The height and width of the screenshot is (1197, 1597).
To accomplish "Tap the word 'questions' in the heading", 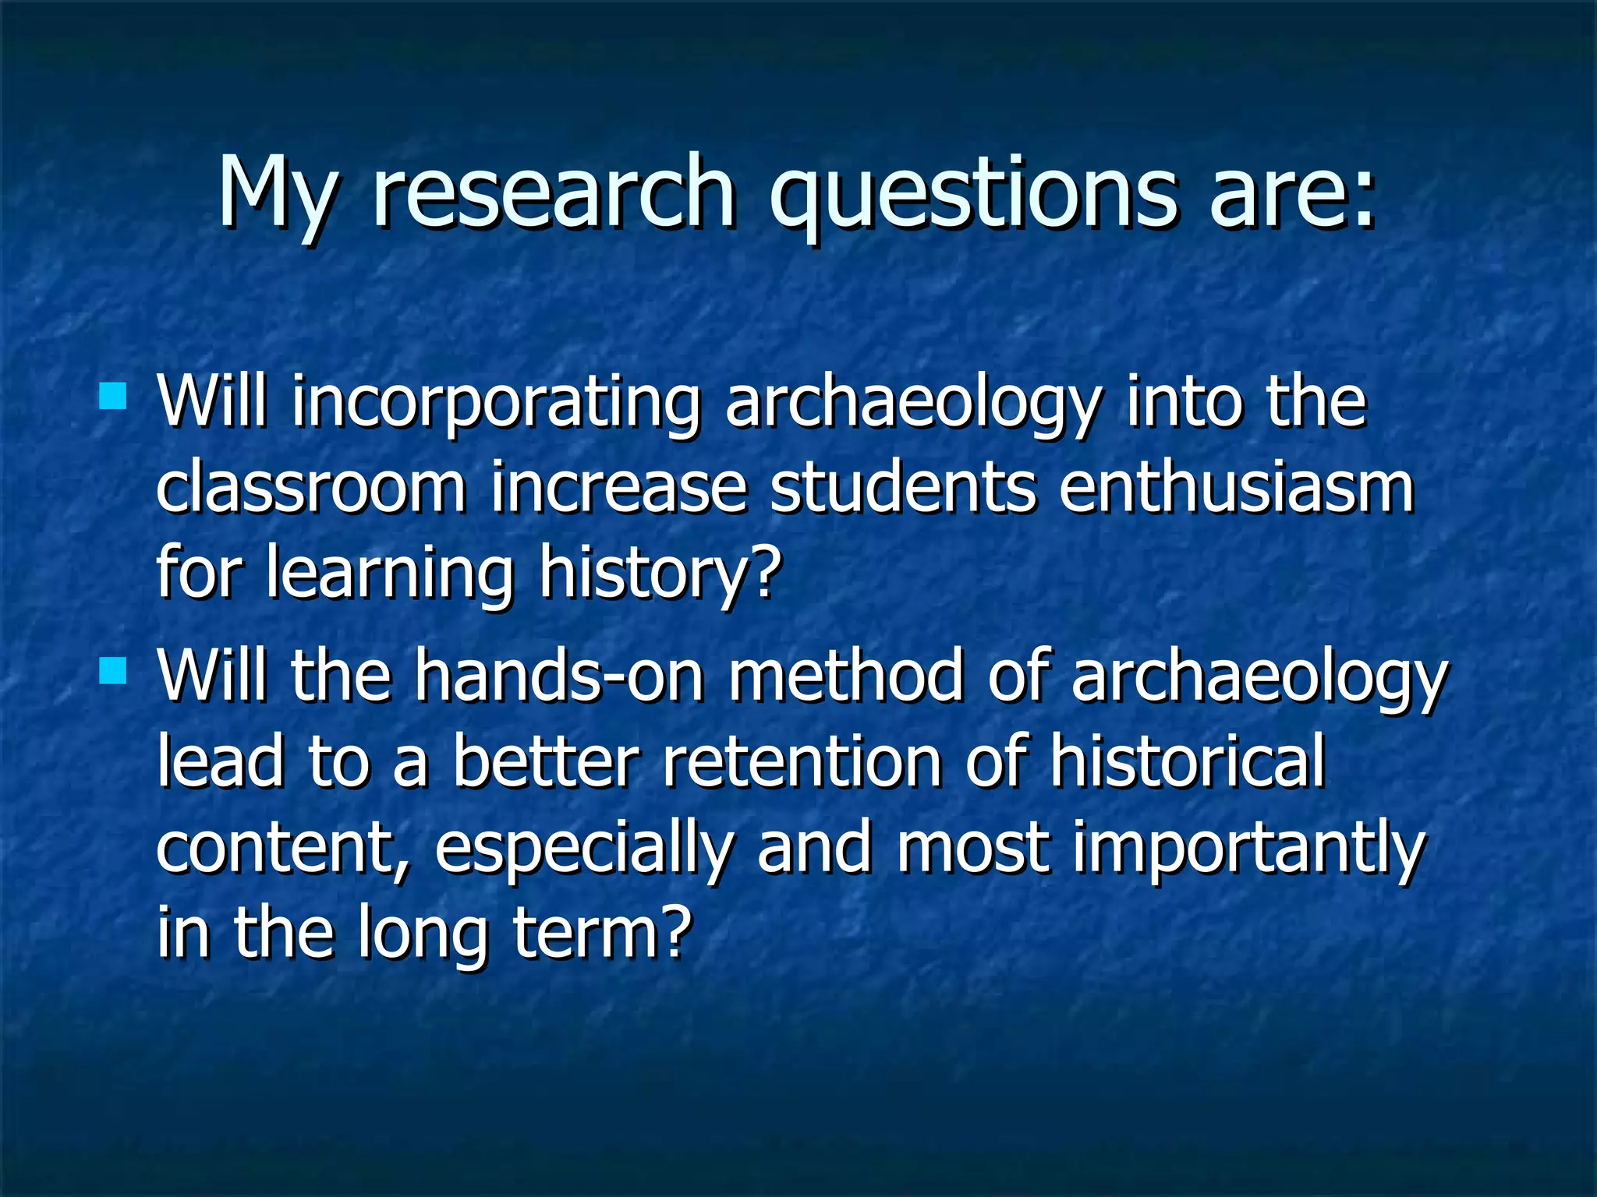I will [x=972, y=195].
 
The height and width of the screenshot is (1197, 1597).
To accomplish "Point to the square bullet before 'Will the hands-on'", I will [x=113, y=669].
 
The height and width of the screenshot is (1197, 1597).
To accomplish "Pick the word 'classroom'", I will [x=310, y=489].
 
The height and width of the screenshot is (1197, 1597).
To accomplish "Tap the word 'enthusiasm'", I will [x=1236, y=489].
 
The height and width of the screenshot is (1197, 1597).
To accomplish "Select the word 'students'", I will [x=903, y=489].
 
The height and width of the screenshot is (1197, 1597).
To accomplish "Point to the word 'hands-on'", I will [x=559, y=676].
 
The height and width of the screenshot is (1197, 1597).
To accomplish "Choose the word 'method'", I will [x=846, y=676].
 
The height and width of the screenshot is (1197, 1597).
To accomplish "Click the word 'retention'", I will [x=802, y=762].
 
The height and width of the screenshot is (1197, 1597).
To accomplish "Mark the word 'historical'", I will [x=1187, y=762].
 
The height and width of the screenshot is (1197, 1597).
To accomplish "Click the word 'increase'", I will [x=618, y=489].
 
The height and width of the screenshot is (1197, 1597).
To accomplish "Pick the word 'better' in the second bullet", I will [x=546, y=762].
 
